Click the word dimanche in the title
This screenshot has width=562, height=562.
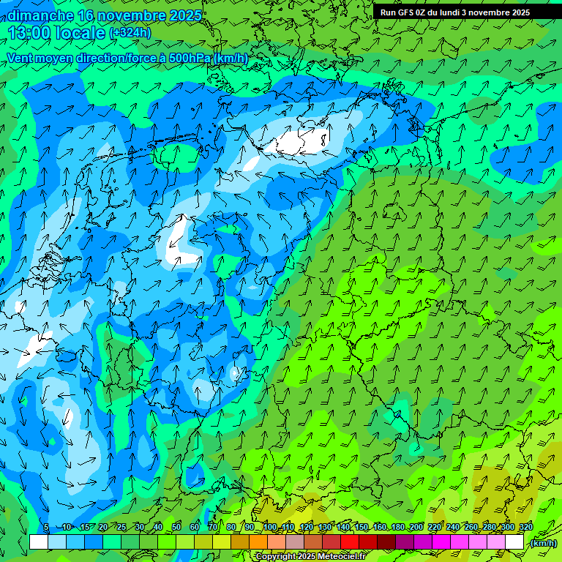tap(40, 15)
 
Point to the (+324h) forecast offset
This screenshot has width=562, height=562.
tap(130, 33)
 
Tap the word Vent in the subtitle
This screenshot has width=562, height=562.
tap(21, 58)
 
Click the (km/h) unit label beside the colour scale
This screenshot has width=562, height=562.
tap(542, 543)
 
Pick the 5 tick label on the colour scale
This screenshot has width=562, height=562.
tap(46, 528)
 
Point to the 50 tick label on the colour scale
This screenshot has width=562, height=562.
tap(176, 528)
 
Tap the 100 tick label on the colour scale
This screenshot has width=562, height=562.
tap(270, 528)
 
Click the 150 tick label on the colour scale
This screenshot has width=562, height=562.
tap(361, 528)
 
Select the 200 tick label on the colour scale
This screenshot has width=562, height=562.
tap(416, 528)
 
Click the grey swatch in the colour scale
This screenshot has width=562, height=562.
tap(294, 542)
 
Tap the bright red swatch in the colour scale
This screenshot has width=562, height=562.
tap(350, 542)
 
